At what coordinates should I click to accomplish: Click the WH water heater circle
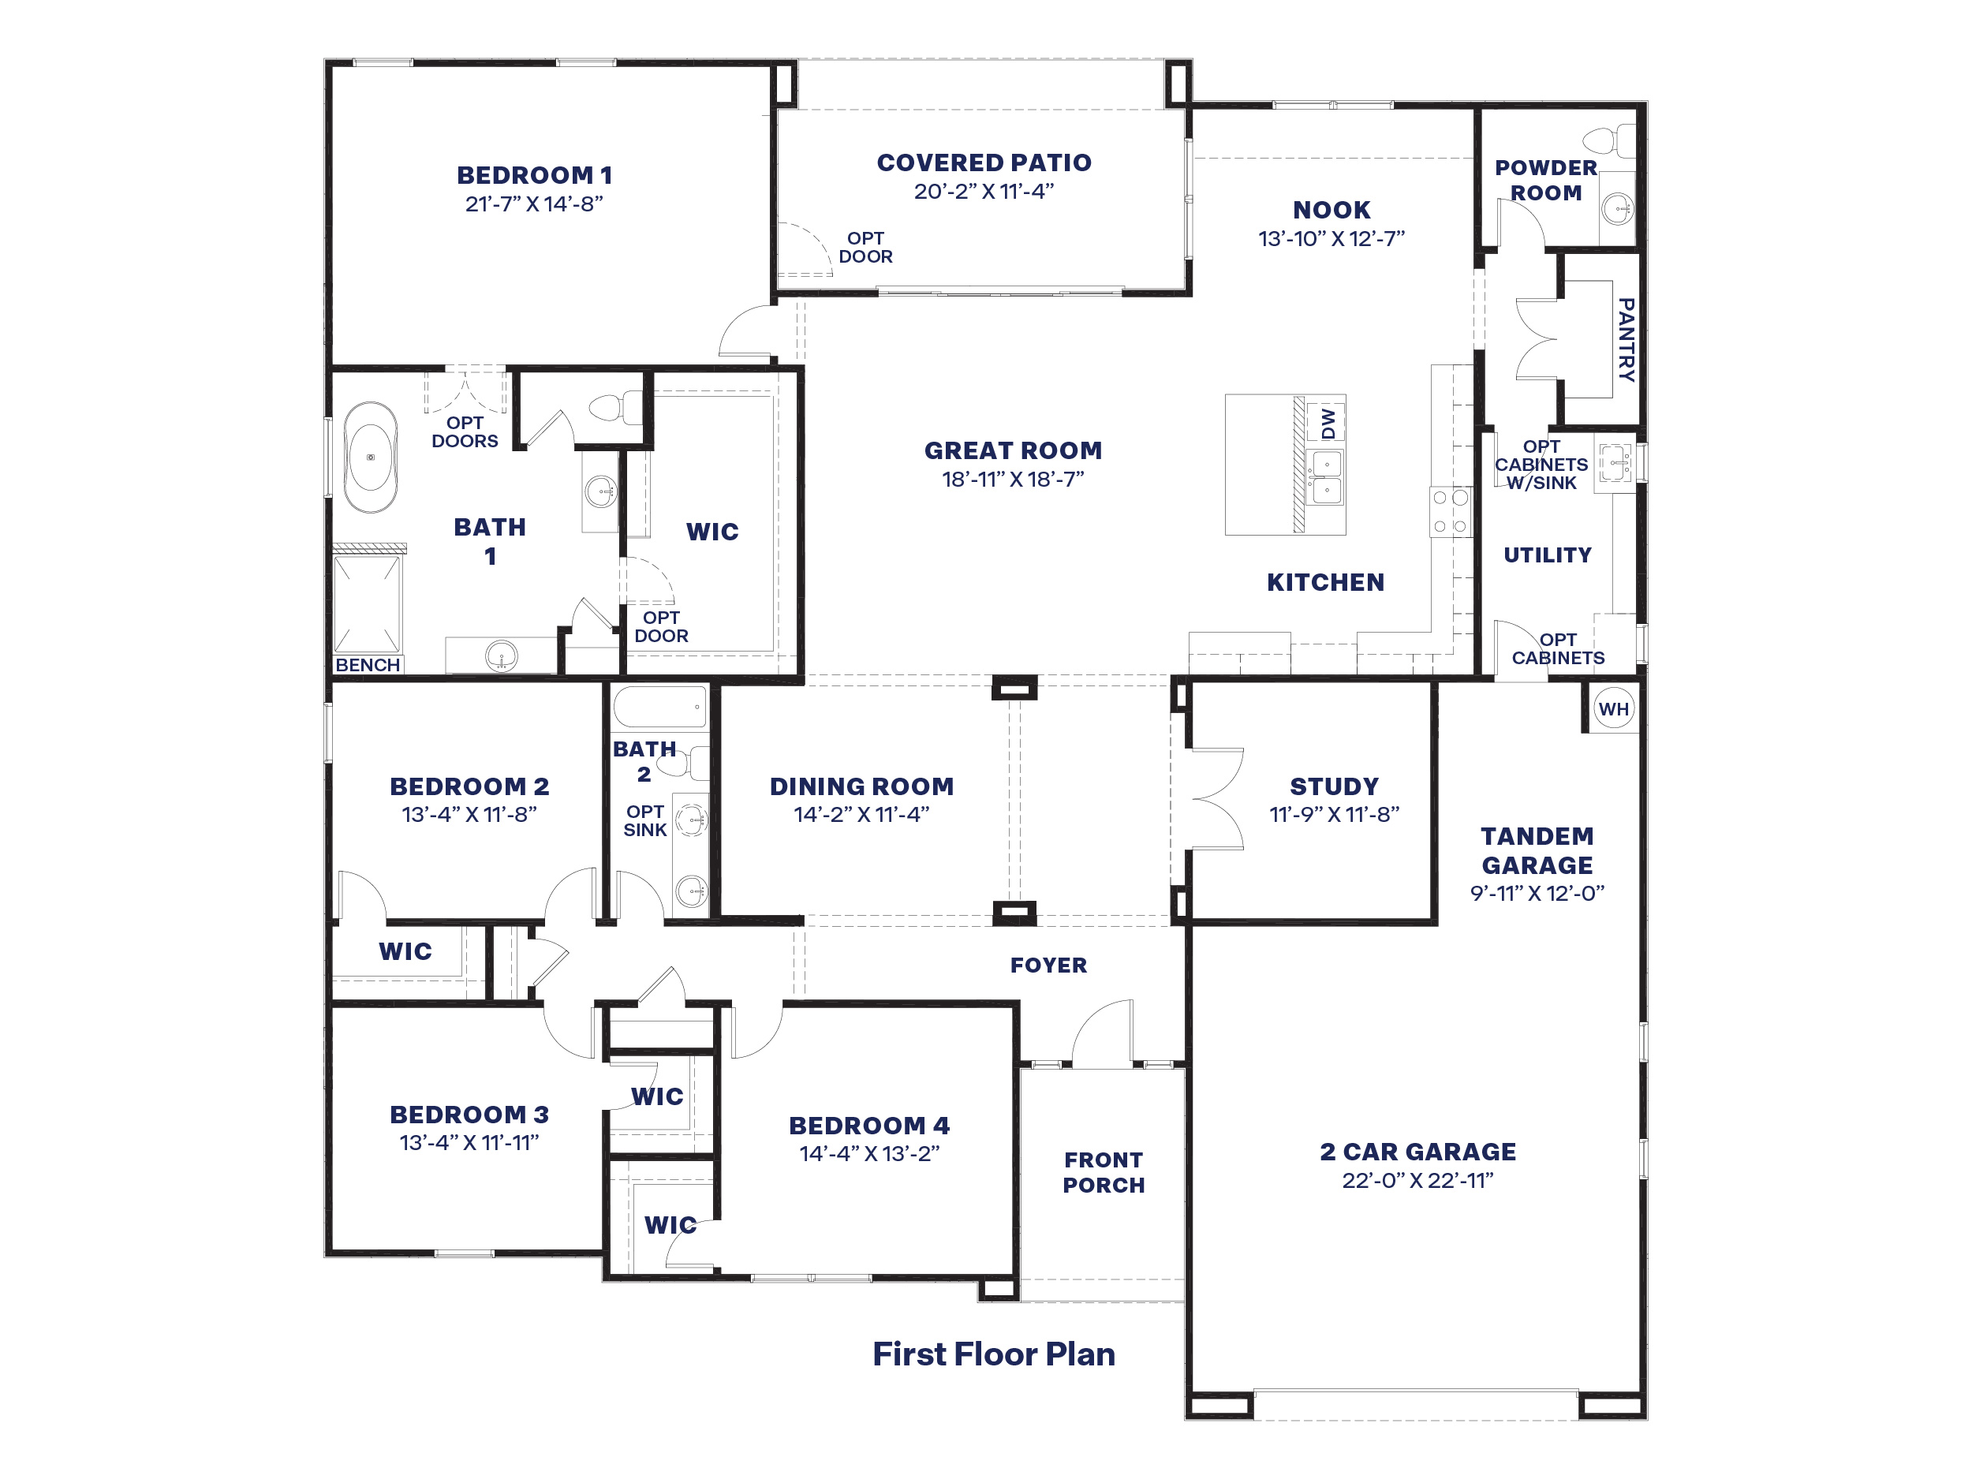click(1614, 709)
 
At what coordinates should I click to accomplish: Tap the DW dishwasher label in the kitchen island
click(1328, 423)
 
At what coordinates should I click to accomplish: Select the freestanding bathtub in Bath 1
click(371, 458)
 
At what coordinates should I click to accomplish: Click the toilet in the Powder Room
click(1608, 141)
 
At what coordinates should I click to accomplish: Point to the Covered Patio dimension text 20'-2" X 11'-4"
click(984, 192)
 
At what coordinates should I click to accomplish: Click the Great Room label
click(1013, 450)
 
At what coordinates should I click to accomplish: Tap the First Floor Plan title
click(994, 1354)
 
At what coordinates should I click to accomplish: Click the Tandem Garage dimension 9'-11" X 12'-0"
click(1537, 893)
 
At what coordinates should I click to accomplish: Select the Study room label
click(1335, 786)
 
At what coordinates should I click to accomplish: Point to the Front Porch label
click(1104, 1172)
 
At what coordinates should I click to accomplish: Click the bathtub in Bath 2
click(659, 707)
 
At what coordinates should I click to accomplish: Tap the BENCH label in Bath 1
click(368, 665)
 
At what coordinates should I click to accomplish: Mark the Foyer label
click(1048, 965)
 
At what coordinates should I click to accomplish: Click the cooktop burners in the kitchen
click(1450, 512)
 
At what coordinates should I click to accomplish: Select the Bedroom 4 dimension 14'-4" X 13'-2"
click(869, 1153)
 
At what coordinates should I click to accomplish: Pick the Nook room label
click(1332, 210)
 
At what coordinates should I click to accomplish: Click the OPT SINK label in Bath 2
click(644, 821)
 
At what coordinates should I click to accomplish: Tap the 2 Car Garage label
click(1417, 1152)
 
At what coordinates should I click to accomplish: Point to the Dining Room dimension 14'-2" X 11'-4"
click(861, 814)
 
